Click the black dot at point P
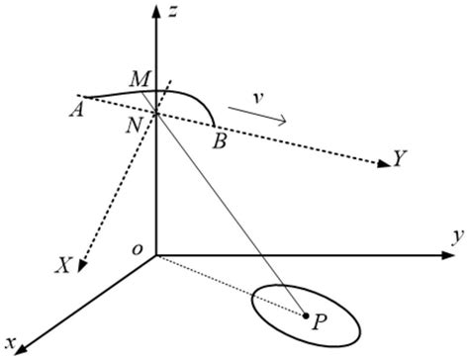click(305, 317)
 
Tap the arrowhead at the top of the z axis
click(156, 9)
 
